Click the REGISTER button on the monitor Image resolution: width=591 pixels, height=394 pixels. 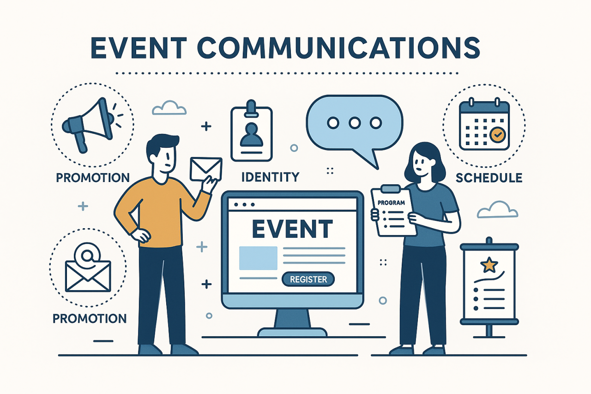(x=308, y=279)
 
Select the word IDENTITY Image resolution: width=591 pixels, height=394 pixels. (x=270, y=176)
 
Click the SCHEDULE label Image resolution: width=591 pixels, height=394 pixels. (x=489, y=177)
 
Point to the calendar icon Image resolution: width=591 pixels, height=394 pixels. (x=483, y=124)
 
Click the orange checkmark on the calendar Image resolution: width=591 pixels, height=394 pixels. (x=497, y=135)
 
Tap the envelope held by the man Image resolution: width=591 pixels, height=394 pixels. (x=206, y=169)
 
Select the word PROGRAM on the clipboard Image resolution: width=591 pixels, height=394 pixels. (x=391, y=203)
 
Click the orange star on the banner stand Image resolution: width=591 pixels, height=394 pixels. (x=488, y=265)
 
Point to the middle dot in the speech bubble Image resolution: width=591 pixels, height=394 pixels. (x=355, y=122)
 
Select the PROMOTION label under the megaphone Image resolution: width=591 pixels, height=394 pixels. (x=92, y=177)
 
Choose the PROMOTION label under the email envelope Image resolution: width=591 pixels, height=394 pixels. (x=90, y=318)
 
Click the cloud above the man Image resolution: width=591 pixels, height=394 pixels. (x=169, y=108)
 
